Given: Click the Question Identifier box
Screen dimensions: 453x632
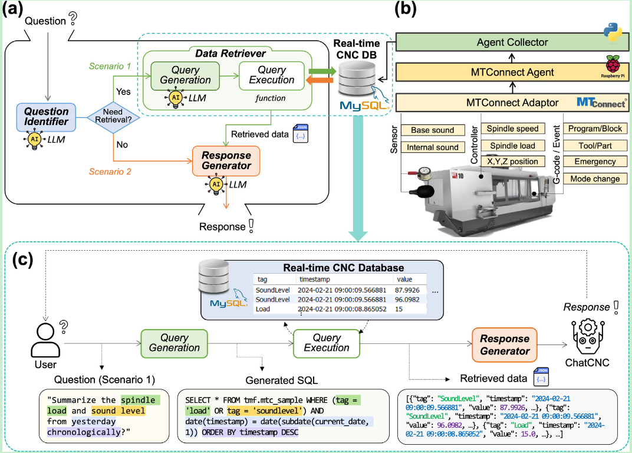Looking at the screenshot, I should pos(46,115).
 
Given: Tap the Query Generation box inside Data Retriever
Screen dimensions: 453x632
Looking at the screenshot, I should pos(185,75).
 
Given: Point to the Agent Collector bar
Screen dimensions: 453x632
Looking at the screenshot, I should pos(512,42).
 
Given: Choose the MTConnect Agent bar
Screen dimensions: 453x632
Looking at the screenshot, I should pos(512,73).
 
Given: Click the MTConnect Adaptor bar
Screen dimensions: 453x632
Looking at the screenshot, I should pos(512,103).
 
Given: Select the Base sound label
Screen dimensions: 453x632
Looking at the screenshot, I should pos(432,130).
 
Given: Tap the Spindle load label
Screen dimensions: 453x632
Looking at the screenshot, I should pos(511,145).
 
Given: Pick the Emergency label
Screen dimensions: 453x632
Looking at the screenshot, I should pos(591,162).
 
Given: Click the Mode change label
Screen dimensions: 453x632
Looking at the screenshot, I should pos(591,179).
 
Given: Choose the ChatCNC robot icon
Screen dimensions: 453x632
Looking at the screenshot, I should pos(587,334).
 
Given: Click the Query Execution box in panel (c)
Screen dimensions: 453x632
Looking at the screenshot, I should pos(327,342).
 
